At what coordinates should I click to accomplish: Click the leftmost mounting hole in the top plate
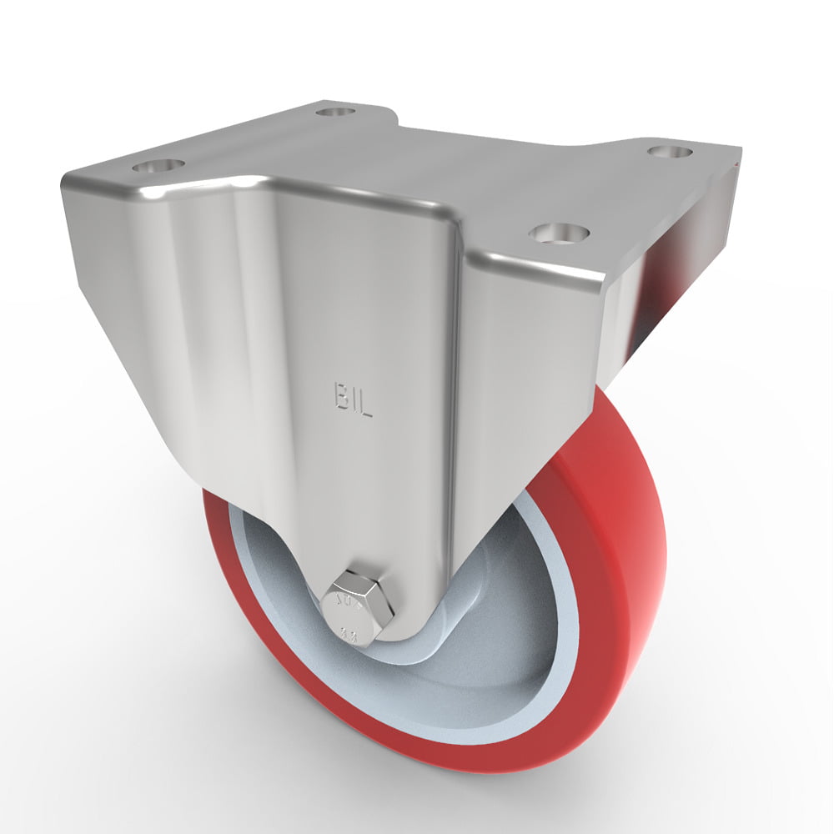pos(157,165)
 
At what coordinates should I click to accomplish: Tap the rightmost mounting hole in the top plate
pos(670,153)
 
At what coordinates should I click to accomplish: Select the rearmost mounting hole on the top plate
pos(336,110)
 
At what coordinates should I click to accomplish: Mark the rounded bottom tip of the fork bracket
pos(367,642)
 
